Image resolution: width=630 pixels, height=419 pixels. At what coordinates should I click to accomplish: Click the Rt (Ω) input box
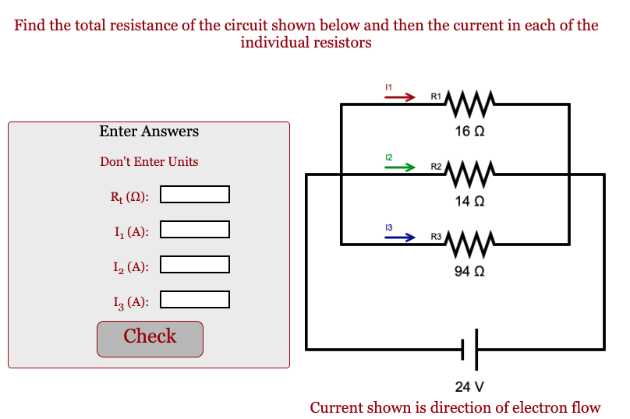[195, 194]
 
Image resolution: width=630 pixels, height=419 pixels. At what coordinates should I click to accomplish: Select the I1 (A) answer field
[195, 230]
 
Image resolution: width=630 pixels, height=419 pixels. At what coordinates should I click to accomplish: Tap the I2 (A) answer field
[195, 265]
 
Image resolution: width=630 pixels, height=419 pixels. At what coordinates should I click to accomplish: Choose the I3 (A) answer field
[195, 300]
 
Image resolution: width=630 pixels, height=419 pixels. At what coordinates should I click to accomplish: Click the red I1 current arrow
[401, 98]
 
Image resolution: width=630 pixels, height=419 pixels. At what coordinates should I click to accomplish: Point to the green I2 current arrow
[401, 167]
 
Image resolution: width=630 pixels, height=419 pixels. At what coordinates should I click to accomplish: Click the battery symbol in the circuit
[470, 349]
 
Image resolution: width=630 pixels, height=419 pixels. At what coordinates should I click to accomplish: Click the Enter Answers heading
[149, 132]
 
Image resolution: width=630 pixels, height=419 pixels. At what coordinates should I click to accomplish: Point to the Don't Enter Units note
[149, 162]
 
